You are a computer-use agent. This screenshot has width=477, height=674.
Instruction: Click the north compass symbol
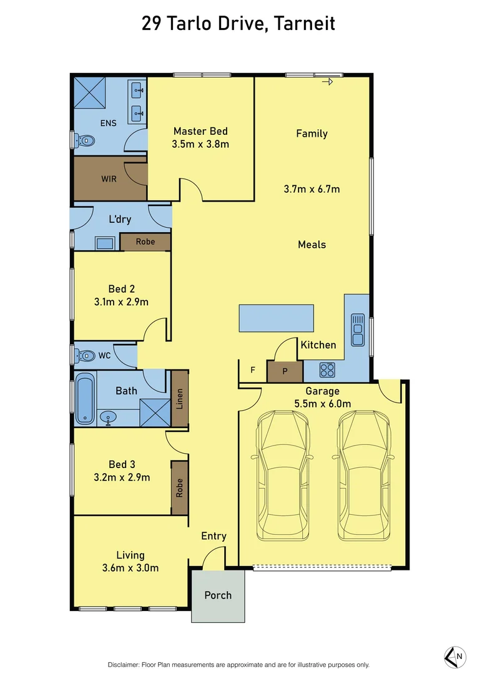(455, 656)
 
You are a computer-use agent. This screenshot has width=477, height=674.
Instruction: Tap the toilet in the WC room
(83, 356)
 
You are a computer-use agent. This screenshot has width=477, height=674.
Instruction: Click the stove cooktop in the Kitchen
(327, 370)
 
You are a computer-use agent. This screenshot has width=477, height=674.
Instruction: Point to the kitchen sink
(358, 330)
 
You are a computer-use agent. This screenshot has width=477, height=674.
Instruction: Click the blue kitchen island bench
(275, 318)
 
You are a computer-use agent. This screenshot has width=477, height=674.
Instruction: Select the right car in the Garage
(366, 476)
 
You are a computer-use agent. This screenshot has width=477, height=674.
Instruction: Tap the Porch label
(218, 595)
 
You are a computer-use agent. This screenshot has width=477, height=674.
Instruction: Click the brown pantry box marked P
(285, 371)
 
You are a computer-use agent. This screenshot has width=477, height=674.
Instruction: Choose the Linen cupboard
(180, 399)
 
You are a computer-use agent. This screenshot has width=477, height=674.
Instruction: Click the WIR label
(109, 179)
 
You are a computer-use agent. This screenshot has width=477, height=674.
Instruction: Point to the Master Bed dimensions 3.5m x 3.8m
(200, 145)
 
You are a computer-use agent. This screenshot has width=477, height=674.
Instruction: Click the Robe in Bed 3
(180, 488)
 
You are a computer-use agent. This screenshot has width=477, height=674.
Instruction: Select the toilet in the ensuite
(82, 141)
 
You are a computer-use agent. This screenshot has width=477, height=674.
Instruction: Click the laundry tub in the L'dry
(104, 243)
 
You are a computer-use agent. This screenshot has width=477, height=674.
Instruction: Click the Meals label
(312, 245)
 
